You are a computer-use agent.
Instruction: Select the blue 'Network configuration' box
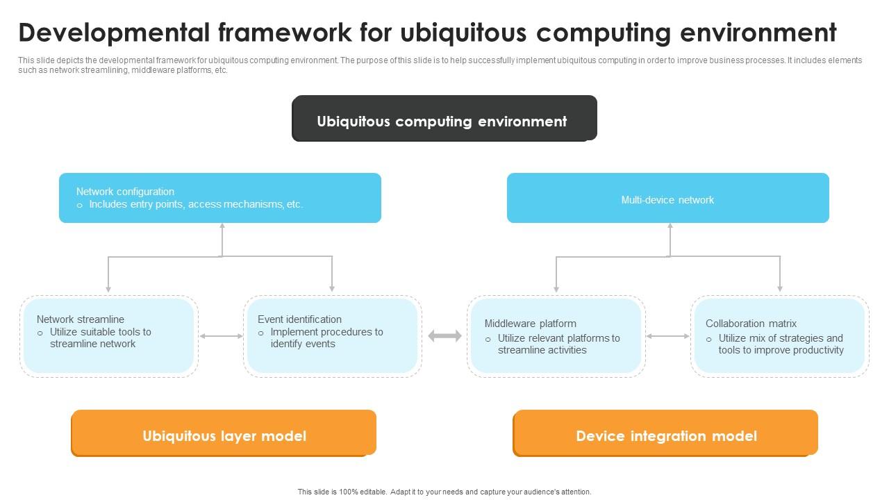[219, 198]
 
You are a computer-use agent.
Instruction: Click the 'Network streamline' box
[108, 336]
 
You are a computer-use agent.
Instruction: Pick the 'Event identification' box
[332, 336]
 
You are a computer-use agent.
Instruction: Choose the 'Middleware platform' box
[556, 336]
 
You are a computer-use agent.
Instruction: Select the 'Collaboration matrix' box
[779, 336]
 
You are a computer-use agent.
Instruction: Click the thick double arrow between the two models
[444, 336]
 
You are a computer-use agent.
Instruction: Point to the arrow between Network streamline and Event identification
[221, 336]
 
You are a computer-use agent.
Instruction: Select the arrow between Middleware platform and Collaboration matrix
[667, 336]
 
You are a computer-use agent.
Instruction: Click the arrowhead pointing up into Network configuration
[222, 226]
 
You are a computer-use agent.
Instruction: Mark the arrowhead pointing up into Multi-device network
[670, 226]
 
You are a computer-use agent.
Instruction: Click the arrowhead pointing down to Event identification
[332, 287]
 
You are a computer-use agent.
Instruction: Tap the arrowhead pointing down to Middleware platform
[556, 287]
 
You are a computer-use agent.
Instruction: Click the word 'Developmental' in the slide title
[113, 33]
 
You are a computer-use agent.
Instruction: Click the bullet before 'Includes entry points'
[80, 206]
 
